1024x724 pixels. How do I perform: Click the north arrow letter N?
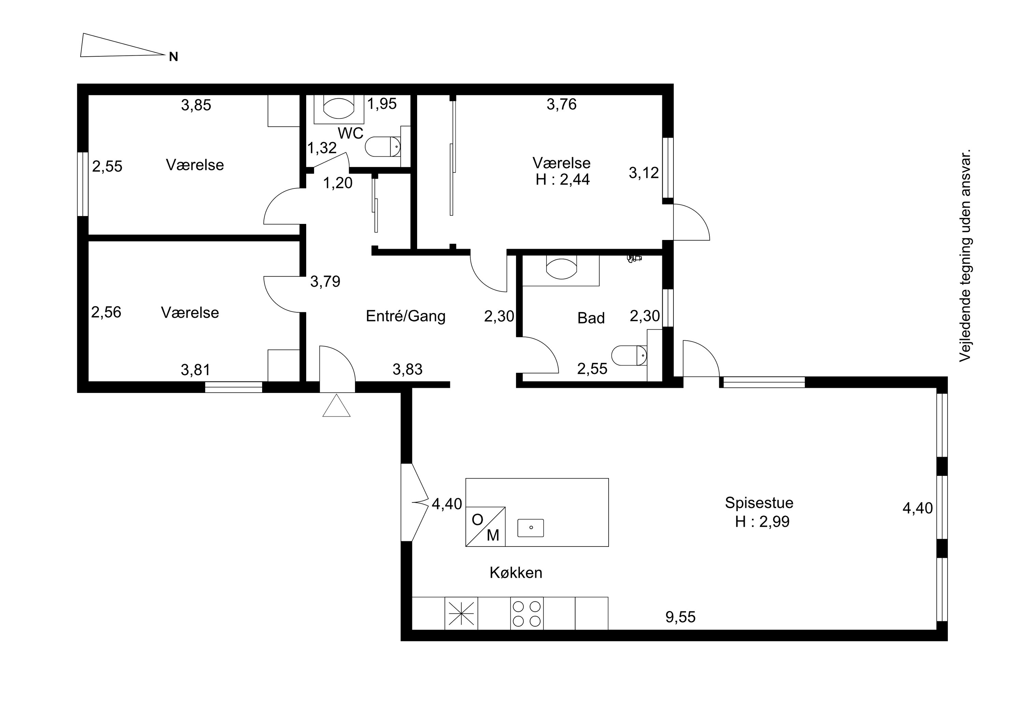point(173,57)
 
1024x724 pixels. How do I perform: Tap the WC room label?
point(351,133)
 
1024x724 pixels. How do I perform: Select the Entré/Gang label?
point(406,316)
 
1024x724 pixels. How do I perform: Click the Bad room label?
point(591,318)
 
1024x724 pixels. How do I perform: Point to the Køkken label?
point(516,573)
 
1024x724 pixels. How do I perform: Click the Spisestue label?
point(759,503)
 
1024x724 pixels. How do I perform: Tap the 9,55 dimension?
point(681,617)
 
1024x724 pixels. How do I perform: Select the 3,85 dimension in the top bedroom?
point(196,105)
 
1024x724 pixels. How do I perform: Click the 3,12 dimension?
point(643,173)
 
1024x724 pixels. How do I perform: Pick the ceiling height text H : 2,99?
point(762,522)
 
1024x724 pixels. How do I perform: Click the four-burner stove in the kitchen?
point(527,613)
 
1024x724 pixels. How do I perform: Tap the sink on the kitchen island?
point(531,528)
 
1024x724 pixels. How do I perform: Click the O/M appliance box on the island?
point(485,526)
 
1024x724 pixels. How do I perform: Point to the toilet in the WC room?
point(383,147)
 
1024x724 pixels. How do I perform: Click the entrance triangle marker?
point(336,406)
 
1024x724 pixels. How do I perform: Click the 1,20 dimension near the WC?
point(338,183)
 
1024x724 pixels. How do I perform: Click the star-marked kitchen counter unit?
point(461,613)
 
